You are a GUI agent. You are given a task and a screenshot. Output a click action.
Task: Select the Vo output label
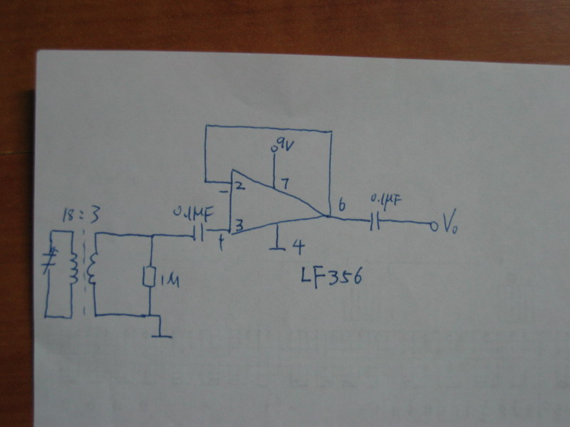450,227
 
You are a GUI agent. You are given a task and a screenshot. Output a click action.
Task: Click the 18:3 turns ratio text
73,216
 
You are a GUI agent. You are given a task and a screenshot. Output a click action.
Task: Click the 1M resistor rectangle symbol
150,277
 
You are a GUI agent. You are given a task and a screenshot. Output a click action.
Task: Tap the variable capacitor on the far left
49,260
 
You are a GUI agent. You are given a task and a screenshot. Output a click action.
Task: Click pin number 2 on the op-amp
239,187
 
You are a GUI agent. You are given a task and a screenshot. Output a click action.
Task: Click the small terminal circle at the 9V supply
274,151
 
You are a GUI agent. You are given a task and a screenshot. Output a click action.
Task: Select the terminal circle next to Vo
432,226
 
